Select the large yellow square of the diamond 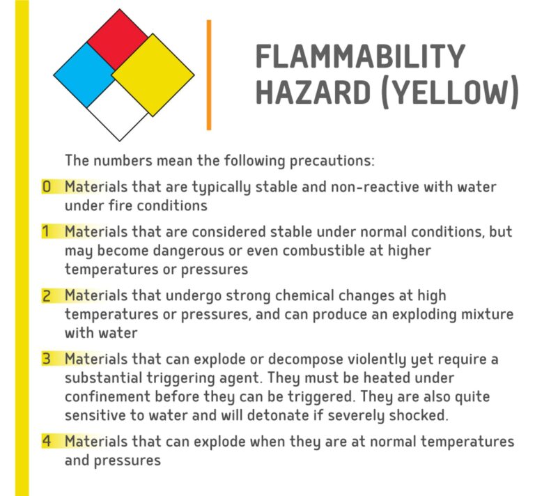tap(153, 72)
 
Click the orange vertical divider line tap(208, 75)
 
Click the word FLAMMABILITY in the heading tap(359, 56)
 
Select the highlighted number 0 tap(47, 187)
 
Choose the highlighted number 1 tap(46, 231)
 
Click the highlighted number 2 tap(47, 295)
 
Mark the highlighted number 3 tap(47, 359)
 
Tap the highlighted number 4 tap(47, 442)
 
